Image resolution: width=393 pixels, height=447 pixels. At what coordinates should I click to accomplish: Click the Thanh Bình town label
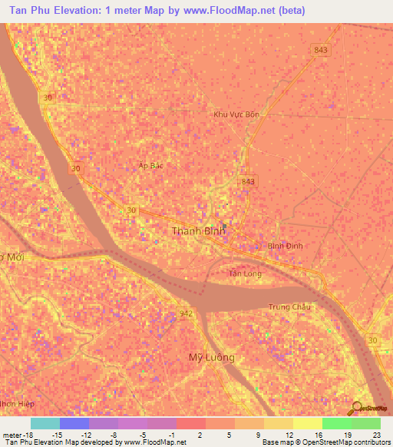click(201, 230)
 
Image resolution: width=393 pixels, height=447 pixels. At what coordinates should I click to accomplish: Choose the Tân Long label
click(245, 273)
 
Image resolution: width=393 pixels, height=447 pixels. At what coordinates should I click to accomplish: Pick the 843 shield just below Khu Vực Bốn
click(247, 181)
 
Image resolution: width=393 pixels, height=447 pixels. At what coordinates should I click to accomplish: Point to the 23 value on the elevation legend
click(375, 435)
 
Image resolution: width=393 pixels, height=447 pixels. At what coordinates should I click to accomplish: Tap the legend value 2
click(199, 435)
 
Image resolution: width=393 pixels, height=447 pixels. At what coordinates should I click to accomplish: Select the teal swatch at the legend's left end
click(45, 423)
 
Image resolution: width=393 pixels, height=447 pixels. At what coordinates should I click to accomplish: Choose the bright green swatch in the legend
click(337, 423)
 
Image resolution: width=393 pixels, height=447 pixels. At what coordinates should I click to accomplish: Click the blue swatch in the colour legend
click(74, 423)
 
